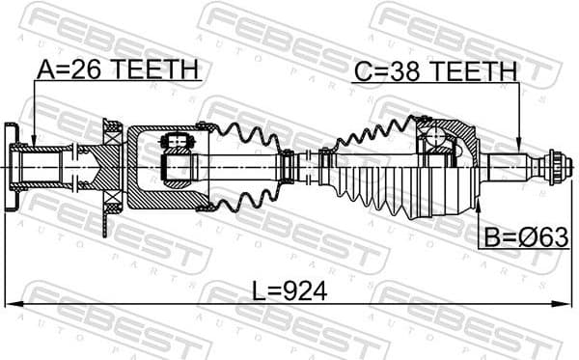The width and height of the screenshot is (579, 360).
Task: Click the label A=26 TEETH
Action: (x=117, y=69)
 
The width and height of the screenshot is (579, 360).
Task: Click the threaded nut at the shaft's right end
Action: (x=554, y=168)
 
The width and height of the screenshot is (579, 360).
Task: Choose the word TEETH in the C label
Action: (x=472, y=69)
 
